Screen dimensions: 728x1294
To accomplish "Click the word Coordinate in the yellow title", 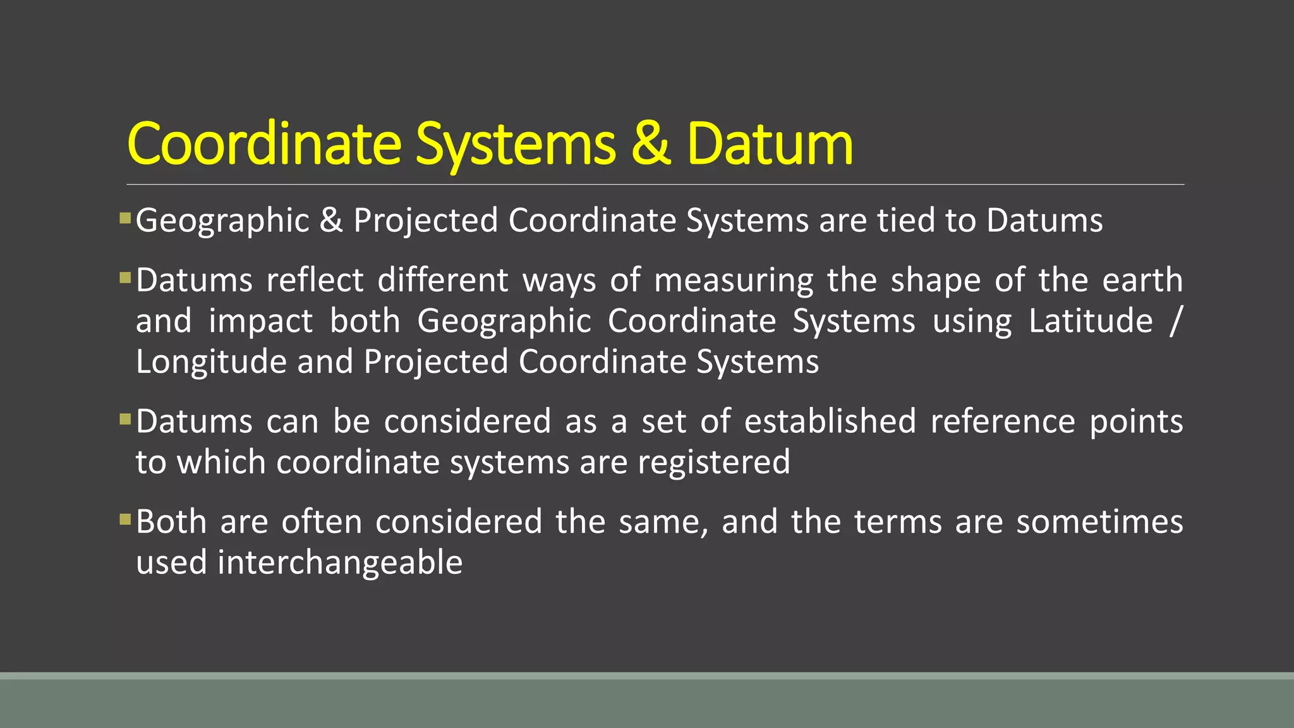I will (x=264, y=144).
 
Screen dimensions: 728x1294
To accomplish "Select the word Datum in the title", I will (x=770, y=144).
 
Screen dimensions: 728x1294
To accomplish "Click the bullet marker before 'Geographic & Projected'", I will (x=125, y=219).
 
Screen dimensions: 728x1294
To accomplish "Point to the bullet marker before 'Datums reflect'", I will (x=125, y=278).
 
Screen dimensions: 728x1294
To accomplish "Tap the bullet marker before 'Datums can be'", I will (x=125, y=419).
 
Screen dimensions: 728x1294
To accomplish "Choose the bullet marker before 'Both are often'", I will (x=125, y=520).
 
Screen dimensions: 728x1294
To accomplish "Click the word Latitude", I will (x=1091, y=321).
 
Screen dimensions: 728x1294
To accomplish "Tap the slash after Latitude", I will (x=1175, y=321).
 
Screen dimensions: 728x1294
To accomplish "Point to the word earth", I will (x=1142, y=280).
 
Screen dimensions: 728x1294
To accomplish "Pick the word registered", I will (x=714, y=463).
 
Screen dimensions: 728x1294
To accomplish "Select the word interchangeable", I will (x=340, y=562).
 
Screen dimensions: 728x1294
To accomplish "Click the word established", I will (x=830, y=422).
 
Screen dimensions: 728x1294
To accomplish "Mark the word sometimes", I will (x=1099, y=522).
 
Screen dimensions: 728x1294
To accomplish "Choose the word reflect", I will (x=315, y=280).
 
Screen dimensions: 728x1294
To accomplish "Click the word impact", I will (x=260, y=322).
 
